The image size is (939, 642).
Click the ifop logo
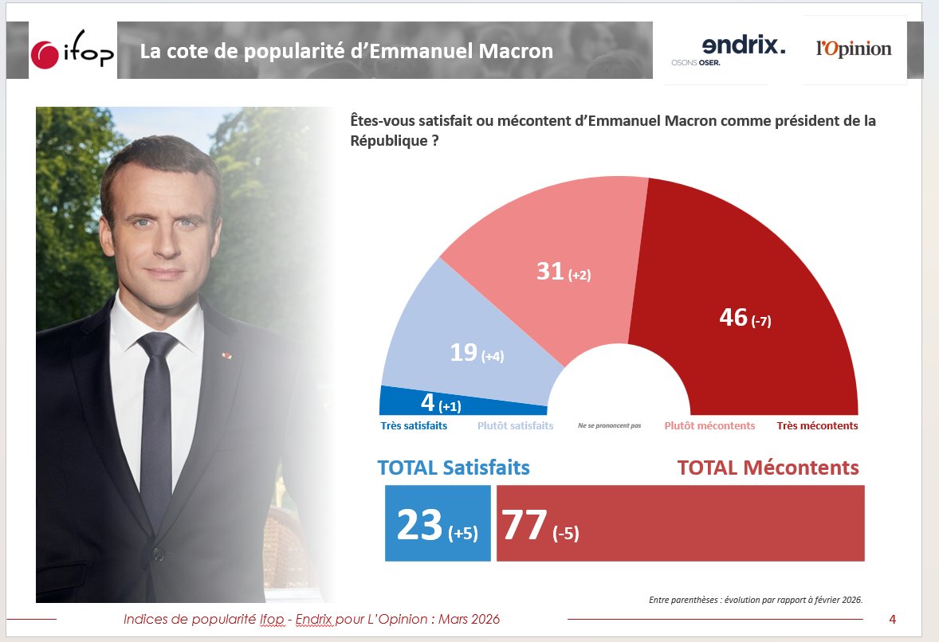click(x=73, y=53)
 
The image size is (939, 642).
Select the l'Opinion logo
click(x=854, y=49)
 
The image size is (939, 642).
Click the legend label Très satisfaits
click(x=413, y=426)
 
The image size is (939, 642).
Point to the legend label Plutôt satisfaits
click(x=515, y=426)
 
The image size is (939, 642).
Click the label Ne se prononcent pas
click(x=609, y=426)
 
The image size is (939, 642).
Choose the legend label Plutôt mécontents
click(x=709, y=426)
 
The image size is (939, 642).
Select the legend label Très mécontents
click(x=817, y=426)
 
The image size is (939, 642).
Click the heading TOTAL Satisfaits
click(x=453, y=468)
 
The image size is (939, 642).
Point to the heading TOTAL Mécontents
click(x=768, y=468)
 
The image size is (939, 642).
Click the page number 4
click(x=893, y=619)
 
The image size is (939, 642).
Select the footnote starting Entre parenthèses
click(x=756, y=600)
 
